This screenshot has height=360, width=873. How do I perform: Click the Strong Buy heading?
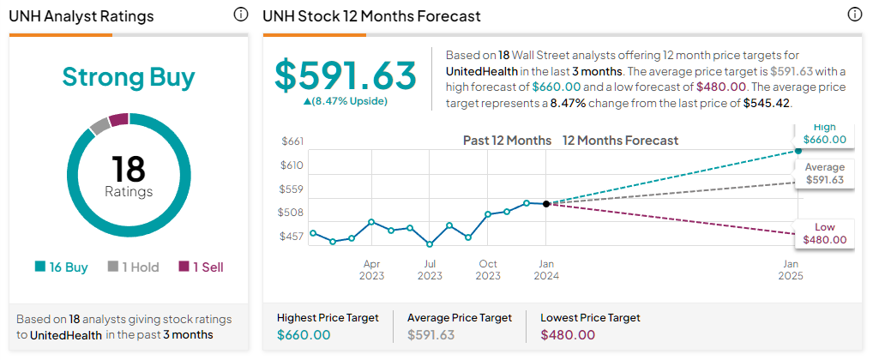pyautogui.click(x=129, y=77)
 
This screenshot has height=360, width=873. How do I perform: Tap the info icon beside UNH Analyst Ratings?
pyautogui.click(x=240, y=15)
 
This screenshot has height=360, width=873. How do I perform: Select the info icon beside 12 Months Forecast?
pyautogui.click(x=855, y=15)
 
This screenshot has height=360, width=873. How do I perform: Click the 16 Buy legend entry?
pyautogui.click(x=61, y=267)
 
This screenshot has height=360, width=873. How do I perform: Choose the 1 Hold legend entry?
pyautogui.click(x=134, y=267)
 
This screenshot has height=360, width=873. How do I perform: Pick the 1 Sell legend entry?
pyautogui.click(x=201, y=267)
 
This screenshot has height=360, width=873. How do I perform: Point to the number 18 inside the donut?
pyautogui.click(x=129, y=169)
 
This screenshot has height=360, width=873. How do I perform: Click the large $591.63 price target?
pyautogui.click(x=346, y=75)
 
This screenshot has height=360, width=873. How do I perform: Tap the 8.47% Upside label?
pyautogui.click(x=346, y=101)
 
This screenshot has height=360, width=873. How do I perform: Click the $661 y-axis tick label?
pyautogui.click(x=292, y=141)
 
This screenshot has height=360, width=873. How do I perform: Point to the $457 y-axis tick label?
pyautogui.click(x=292, y=237)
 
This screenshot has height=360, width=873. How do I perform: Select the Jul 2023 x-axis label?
pyautogui.click(x=430, y=269)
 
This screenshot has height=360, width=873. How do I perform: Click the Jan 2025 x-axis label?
pyautogui.click(x=792, y=269)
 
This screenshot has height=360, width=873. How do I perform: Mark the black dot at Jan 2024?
pyautogui.click(x=546, y=204)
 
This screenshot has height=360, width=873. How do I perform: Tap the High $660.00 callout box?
pyautogui.click(x=825, y=134)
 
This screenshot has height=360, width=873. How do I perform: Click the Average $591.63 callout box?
pyautogui.click(x=825, y=174)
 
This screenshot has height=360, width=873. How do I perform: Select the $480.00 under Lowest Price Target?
pyautogui.click(x=568, y=335)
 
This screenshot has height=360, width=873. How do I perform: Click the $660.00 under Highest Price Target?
pyautogui.click(x=304, y=335)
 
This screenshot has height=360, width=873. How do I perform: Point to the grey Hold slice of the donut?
pyautogui.click(x=100, y=126)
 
